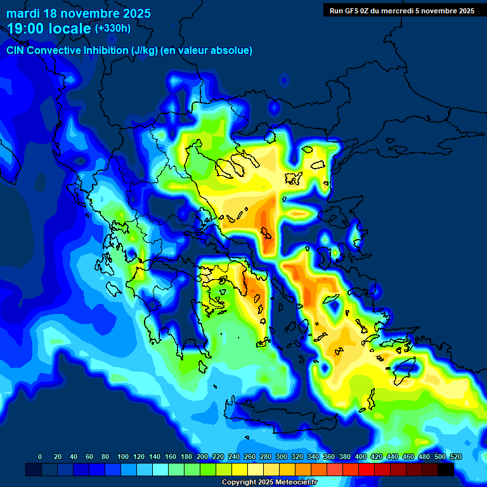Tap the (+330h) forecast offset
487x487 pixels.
coord(113,28)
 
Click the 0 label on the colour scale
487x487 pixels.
coord(40,457)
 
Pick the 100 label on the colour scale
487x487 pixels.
coord(122,457)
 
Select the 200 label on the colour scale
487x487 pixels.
coord(202,457)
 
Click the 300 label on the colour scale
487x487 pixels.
coord(281,457)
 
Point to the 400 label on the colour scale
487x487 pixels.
coord(360,457)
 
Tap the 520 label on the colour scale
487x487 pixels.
coord(455,457)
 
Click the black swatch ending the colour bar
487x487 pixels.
coord(446,469)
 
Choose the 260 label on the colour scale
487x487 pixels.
coord(249,457)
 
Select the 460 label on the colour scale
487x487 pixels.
coord(408,457)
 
